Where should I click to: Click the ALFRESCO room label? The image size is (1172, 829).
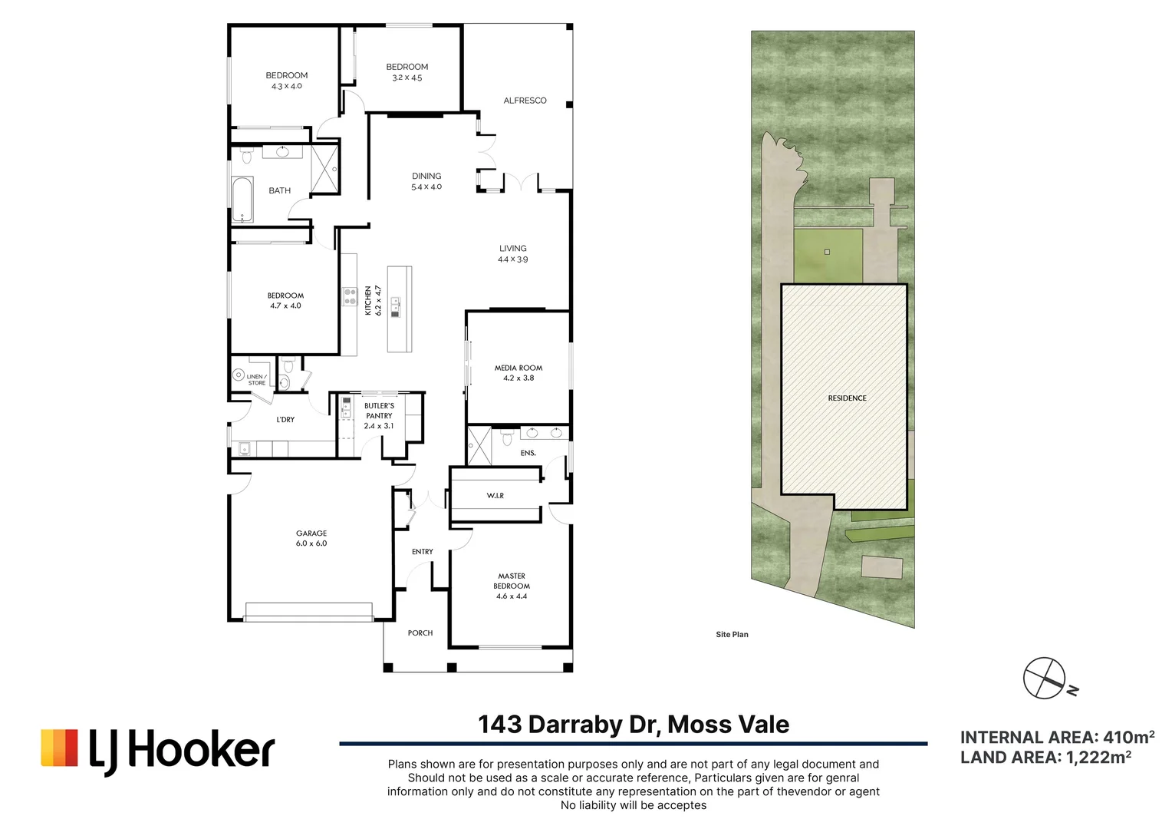point(525,101)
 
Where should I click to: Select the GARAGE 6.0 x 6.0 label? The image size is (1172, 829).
point(311,538)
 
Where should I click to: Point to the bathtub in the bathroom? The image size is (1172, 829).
point(242,200)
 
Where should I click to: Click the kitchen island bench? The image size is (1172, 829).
point(400,309)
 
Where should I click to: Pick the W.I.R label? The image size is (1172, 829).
point(495,495)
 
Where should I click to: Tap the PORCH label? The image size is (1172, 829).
point(420,633)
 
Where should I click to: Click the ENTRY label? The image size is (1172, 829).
point(422,551)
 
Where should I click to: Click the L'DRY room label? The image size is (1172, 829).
point(285,419)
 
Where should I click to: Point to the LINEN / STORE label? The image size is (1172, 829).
point(256,380)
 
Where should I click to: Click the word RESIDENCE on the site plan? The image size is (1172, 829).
point(847,398)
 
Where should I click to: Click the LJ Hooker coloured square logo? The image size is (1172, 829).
point(59,748)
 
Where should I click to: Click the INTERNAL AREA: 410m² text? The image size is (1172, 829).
point(1057,738)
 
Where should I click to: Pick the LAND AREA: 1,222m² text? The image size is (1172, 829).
point(1045,758)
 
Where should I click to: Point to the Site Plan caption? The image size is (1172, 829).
point(732,635)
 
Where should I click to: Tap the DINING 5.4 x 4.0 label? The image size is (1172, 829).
point(426,181)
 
